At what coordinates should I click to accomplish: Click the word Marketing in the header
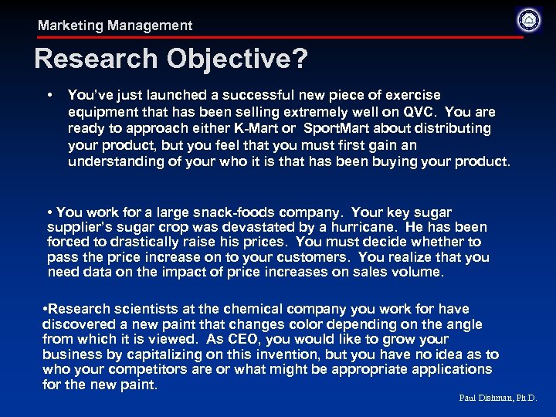click(71, 25)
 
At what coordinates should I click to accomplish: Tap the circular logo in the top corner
click(529, 19)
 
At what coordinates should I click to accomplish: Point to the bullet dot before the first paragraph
click(49, 95)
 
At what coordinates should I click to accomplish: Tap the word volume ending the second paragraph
click(419, 272)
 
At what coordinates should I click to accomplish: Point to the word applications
click(452, 369)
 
